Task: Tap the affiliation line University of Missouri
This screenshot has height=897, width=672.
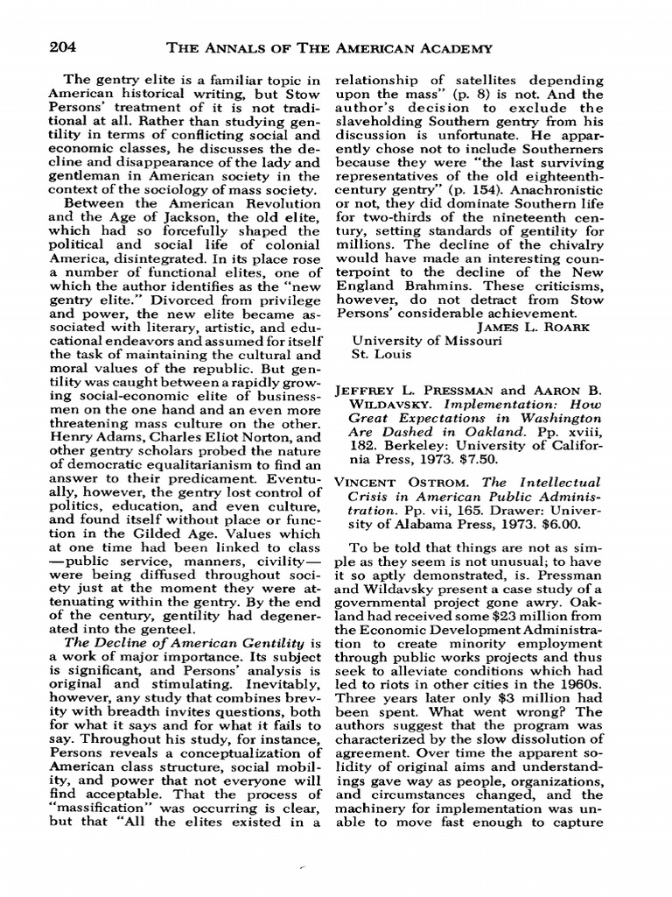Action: click(427, 342)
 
